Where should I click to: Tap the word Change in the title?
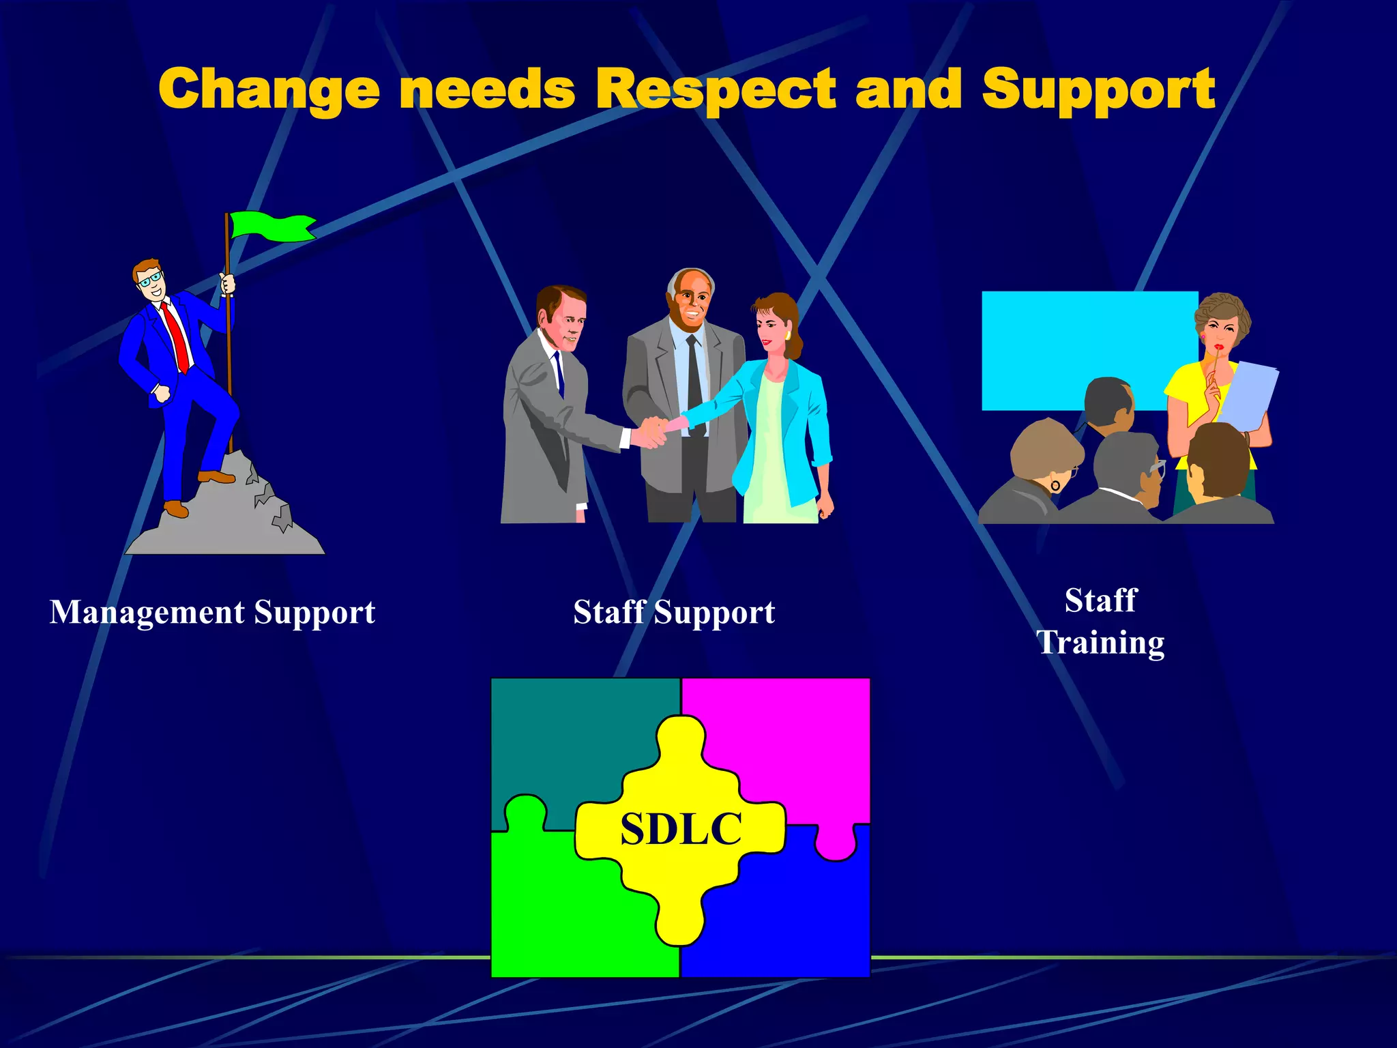[269, 89]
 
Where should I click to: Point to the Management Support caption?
[212, 612]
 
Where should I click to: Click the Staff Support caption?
[674, 612]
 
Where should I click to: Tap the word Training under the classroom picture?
[1100, 642]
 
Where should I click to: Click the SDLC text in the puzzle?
[681, 829]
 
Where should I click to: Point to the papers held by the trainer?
[1248, 396]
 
